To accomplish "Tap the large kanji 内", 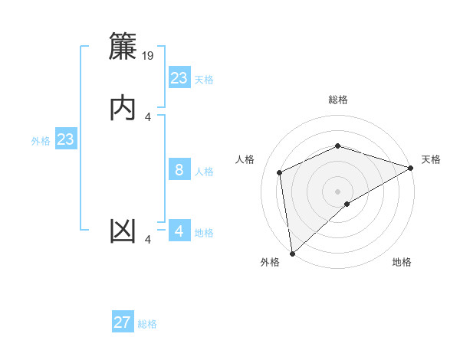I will click(124, 107).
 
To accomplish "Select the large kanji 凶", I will click(124, 231).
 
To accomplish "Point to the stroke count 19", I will click(149, 56).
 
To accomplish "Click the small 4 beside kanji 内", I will click(148, 116).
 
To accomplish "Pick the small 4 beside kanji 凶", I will click(148, 240).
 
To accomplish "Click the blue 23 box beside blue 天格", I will click(179, 78).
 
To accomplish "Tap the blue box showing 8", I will click(179, 171).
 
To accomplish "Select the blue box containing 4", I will click(179, 232).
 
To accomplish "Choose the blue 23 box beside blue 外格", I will click(66, 140).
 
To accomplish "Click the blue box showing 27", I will click(123, 322).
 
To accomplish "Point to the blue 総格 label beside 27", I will click(147, 324).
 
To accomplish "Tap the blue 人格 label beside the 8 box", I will click(204, 172).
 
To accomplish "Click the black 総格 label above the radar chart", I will click(338, 100).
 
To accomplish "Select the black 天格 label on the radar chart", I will click(431, 159).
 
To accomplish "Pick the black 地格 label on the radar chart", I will click(402, 262).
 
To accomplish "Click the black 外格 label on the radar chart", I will click(270, 262).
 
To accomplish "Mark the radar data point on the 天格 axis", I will click(411, 168).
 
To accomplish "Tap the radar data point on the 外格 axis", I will click(292, 253).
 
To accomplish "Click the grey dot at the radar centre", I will click(338, 191).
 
